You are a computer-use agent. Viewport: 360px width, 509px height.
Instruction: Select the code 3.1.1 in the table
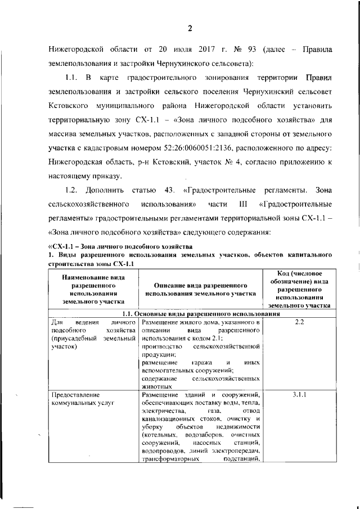coord(299,394)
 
